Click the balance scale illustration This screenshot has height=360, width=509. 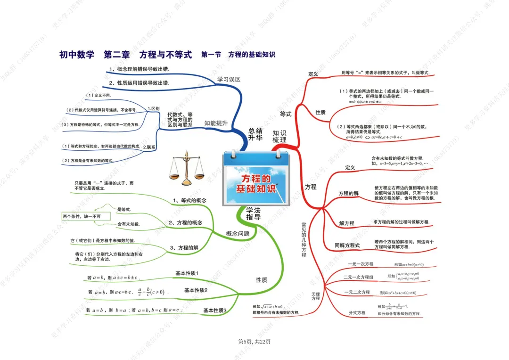(187, 168)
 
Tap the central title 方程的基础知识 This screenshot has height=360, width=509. (256, 184)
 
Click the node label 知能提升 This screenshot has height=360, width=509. (216, 123)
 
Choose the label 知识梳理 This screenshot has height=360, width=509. (279, 137)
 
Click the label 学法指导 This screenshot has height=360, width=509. (254, 213)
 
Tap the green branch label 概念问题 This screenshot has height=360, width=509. (238, 234)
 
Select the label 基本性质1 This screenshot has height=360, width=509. (187, 273)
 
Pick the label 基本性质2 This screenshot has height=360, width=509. (196, 290)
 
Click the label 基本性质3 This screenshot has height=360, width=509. (215, 311)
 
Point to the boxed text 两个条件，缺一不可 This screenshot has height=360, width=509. (85, 216)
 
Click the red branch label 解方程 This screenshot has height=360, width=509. (346, 223)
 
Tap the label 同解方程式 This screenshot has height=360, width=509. (347, 245)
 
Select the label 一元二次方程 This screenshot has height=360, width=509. (357, 293)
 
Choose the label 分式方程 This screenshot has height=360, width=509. (357, 313)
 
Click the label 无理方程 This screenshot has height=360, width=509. (315, 296)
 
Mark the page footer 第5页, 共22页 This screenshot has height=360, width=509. (254, 342)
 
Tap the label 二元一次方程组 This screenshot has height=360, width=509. (358, 277)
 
